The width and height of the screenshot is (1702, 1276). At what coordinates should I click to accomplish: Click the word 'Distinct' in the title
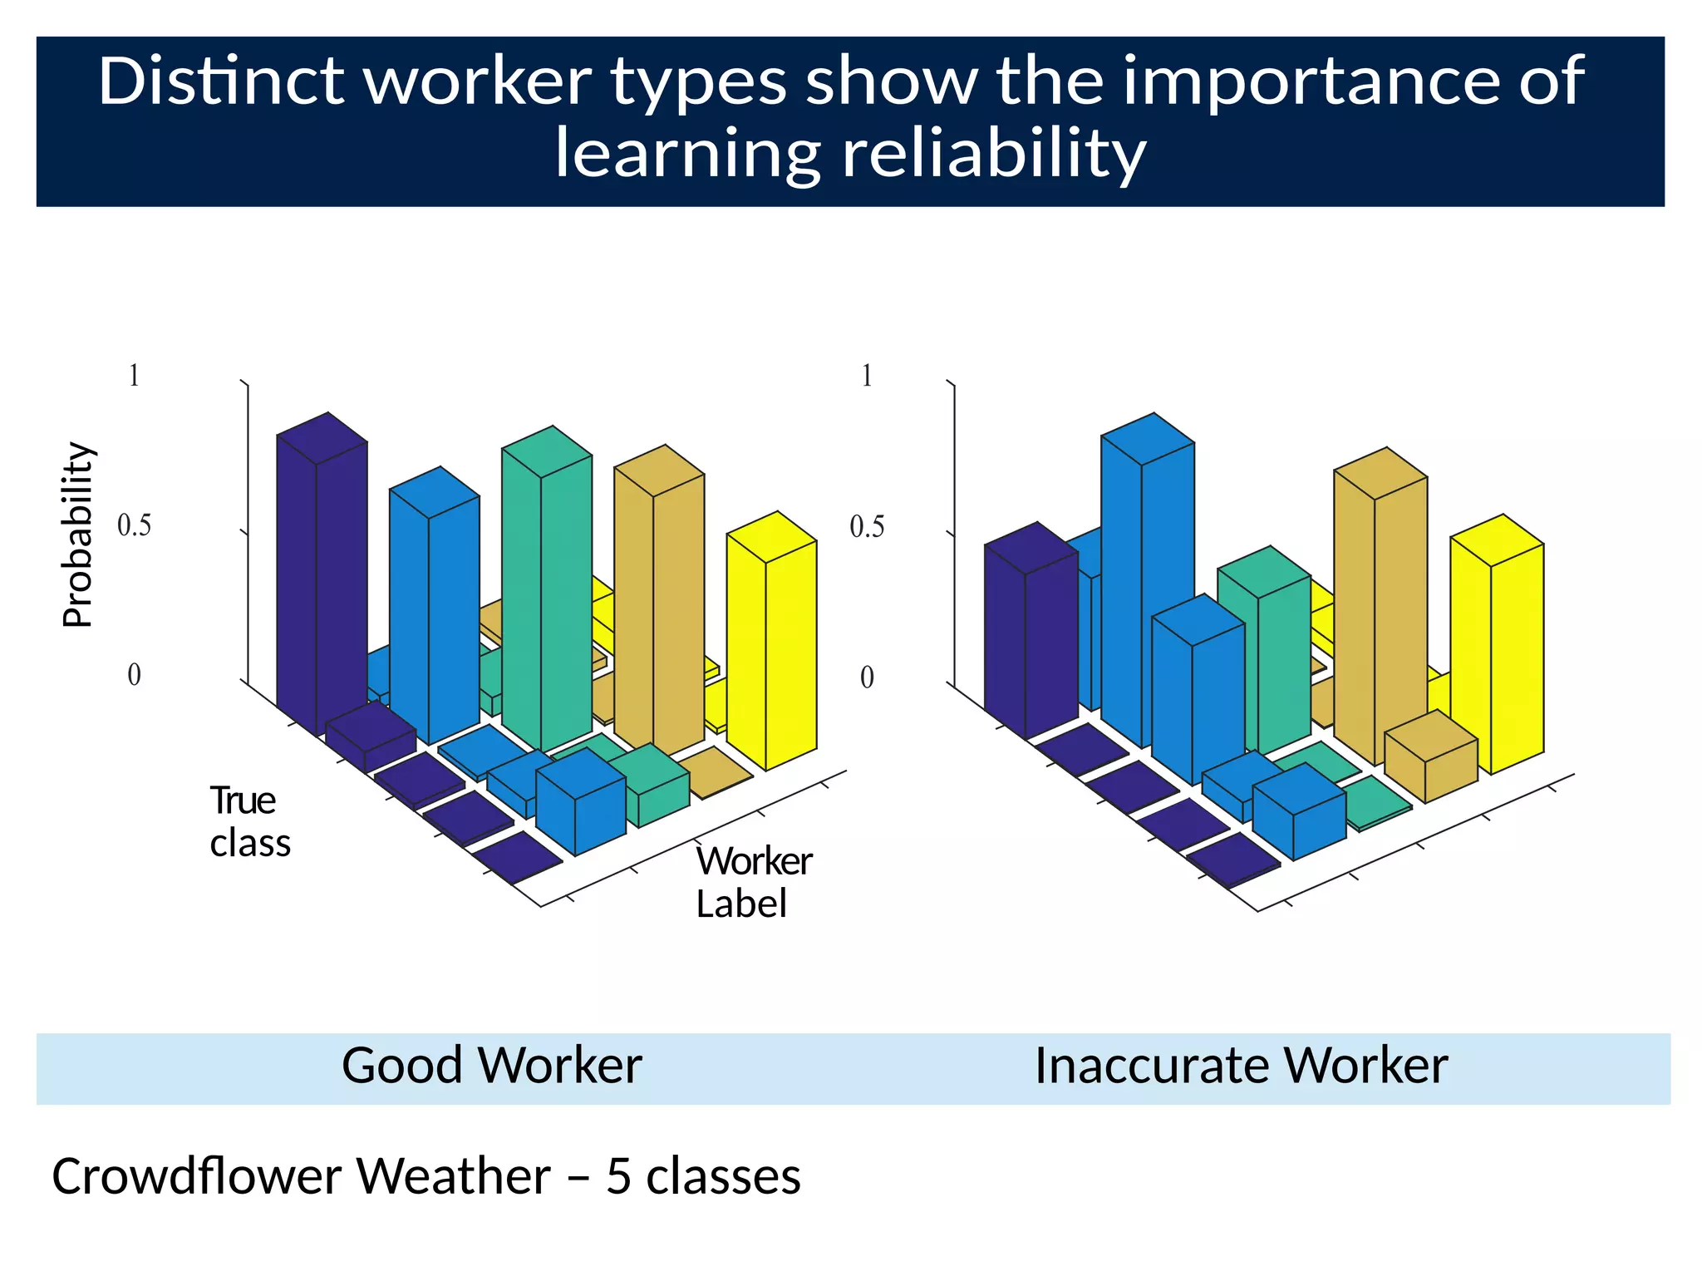coord(220,81)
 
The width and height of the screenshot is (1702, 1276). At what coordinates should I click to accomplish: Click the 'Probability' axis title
coord(79,534)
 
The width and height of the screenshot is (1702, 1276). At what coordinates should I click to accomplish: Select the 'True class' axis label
coord(248,821)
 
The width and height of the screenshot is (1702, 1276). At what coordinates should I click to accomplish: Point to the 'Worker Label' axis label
coord(752,882)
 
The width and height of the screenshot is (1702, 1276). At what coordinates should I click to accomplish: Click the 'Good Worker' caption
coord(491,1066)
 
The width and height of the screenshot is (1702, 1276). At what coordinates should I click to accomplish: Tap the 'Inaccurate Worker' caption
coord(1241,1066)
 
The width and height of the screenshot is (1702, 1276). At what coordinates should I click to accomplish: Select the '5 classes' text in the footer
coord(703,1176)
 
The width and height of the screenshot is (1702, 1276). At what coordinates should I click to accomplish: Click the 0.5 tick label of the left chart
coord(134,525)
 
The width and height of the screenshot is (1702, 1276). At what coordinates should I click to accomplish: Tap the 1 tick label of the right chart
coord(866,376)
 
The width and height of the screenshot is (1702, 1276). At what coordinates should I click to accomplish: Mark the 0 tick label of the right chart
coord(866,677)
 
